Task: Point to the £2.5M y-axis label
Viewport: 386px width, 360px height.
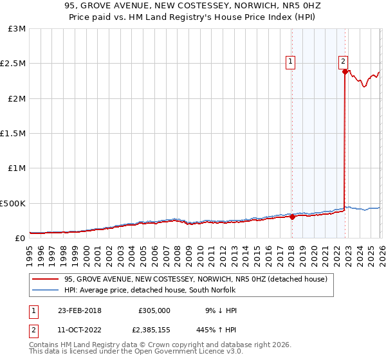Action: pos(14,64)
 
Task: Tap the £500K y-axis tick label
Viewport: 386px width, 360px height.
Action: pos(14,203)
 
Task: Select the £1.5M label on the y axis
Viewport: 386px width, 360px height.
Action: pos(14,134)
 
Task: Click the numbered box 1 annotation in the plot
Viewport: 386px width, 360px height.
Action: pos(291,62)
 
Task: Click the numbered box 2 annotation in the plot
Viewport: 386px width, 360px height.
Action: pos(344,62)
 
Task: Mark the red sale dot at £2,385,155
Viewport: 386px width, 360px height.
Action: pos(345,72)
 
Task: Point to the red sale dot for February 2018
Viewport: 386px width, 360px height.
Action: pos(292,217)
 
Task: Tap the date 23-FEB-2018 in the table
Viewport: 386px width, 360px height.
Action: pos(80,310)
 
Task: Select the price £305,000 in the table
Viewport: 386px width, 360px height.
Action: pos(154,310)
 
